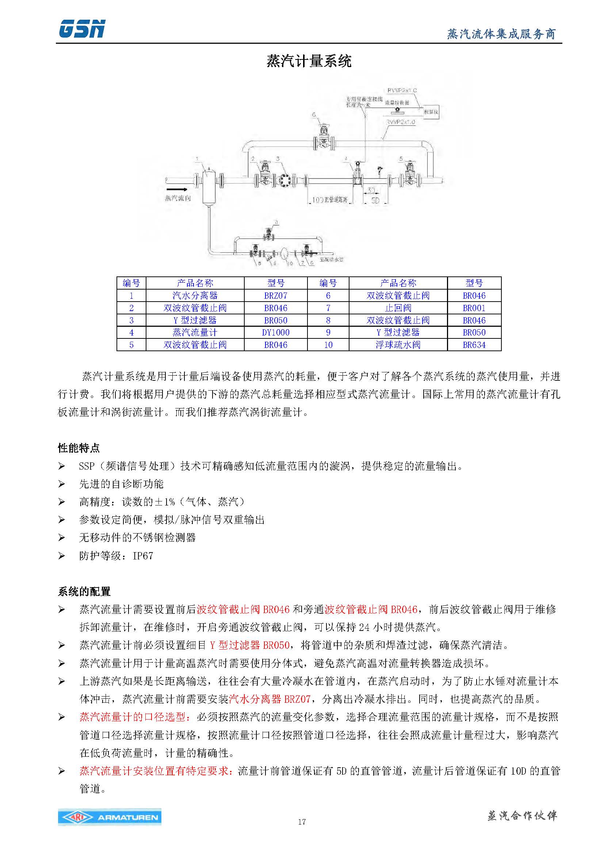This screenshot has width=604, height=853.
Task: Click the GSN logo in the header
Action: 82,29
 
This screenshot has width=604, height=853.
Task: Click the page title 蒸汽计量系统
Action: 309,61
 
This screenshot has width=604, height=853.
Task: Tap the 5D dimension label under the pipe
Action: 375,201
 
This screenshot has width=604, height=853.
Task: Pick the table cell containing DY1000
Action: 276,333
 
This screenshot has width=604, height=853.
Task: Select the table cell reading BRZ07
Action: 276,296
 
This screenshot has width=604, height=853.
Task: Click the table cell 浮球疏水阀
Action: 398,345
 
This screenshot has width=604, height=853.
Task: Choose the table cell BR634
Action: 474,345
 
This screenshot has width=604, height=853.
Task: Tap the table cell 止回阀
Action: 398,308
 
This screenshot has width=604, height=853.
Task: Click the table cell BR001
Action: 474,308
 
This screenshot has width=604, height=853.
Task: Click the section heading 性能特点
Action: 79,448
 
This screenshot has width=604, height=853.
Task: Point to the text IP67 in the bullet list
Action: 143,556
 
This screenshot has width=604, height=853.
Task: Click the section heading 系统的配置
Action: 84,592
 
